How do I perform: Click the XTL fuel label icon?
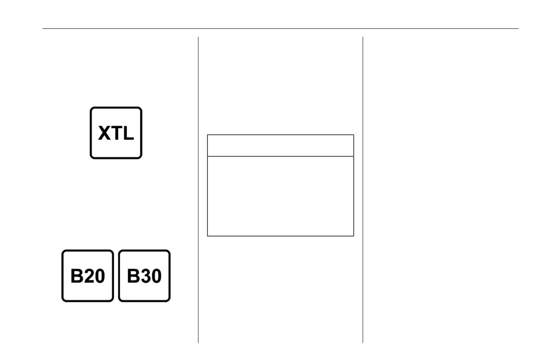116,132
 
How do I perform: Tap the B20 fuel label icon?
88,276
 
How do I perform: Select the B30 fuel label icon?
145,276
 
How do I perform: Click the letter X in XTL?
104,133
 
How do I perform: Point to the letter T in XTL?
116,133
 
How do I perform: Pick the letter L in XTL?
128,133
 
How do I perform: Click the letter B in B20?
76,276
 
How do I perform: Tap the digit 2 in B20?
88,276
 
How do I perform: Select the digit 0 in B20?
99,276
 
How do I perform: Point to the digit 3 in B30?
145,276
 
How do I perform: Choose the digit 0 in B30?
156,276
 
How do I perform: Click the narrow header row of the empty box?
281,145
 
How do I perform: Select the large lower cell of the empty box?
281,196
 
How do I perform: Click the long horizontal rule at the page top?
281,28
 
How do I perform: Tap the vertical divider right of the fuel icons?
198,190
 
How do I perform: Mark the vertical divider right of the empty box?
363,190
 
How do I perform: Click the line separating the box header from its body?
281,156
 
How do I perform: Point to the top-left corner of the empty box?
207,135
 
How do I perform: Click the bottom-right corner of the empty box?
354,236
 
